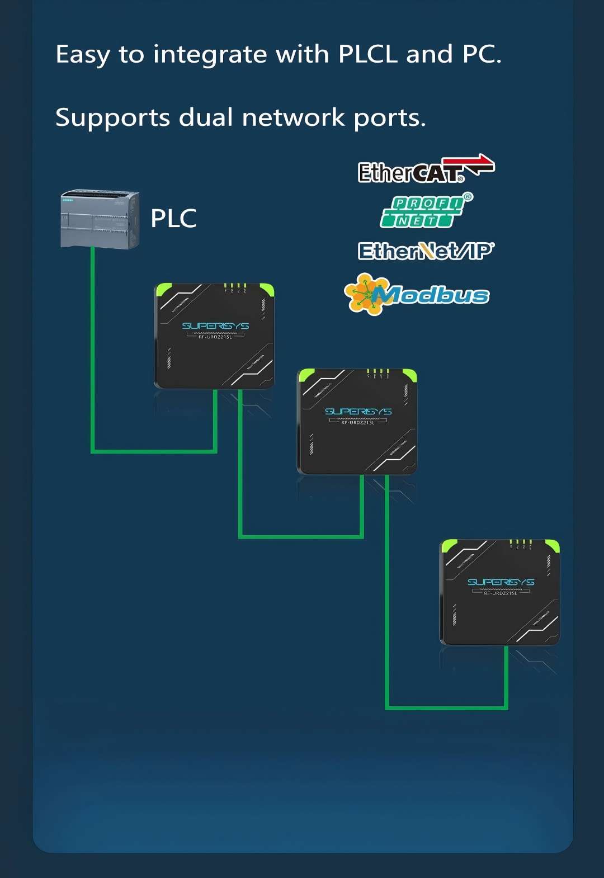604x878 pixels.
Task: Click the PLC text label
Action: (173, 219)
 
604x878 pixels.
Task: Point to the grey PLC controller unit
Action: (100, 219)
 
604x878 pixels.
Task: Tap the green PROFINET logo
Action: (422, 213)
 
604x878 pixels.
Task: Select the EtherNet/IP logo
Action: (426, 251)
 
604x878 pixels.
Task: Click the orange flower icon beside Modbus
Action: (362, 294)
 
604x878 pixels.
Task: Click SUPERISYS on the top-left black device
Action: (215, 326)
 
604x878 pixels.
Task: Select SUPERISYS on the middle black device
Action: (358, 412)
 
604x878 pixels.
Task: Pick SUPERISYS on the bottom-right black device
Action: (501, 582)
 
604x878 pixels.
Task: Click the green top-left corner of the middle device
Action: (306, 374)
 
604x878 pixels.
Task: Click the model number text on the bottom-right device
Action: (501, 593)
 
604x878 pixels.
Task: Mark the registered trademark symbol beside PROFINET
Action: (468, 197)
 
